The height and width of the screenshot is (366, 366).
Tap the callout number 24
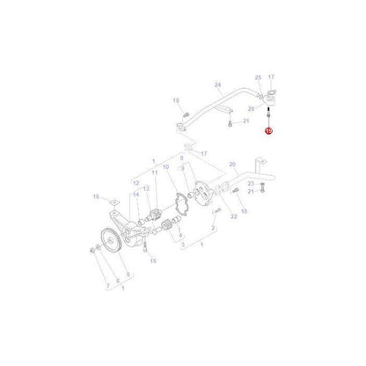216,85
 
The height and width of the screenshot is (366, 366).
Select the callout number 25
257,77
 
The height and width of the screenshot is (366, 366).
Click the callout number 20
232,165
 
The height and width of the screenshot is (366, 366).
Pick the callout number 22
209,216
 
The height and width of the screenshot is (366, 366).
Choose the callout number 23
251,182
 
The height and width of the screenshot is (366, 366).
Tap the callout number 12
135,184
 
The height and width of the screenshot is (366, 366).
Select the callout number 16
97,201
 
